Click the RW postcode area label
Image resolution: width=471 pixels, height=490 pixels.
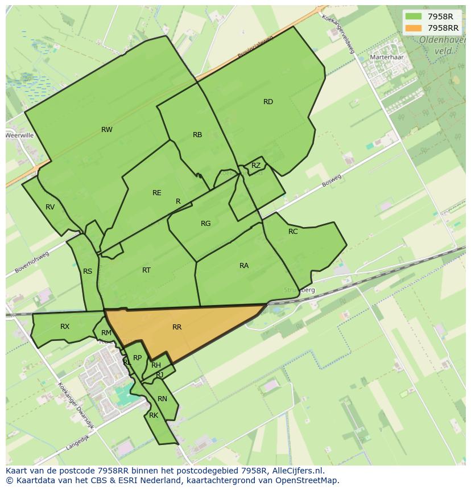pyautogui.click(x=106, y=130)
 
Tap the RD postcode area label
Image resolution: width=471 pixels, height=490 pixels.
pyautogui.click(x=268, y=102)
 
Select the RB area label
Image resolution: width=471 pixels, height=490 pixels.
pyautogui.click(x=197, y=135)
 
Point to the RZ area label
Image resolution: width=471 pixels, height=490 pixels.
pyautogui.click(x=256, y=166)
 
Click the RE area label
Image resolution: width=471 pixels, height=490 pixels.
pyautogui.click(x=157, y=193)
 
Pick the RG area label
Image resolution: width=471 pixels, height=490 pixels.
pyautogui.click(x=206, y=224)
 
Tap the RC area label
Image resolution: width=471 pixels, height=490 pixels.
pyautogui.click(x=293, y=232)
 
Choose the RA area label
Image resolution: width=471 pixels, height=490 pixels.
pyautogui.click(x=244, y=266)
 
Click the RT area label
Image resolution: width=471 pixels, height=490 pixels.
pyautogui.click(x=147, y=270)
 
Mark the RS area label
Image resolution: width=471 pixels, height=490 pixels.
pyautogui.click(x=88, y=271)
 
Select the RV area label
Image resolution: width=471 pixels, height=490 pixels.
pyautogui.click(x=50, y=207)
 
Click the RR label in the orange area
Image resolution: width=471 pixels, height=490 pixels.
pyautogui.click(x=177, y=327)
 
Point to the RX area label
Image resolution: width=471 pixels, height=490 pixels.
pyautogui.click(x=65, y=327)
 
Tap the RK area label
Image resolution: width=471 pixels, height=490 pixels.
pyautogui.click(x=154, y=415)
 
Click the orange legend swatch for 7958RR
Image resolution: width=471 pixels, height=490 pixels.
pyautogui.click(x=414, y=27)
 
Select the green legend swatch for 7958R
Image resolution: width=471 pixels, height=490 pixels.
pyautogui.click(x=414, y=17)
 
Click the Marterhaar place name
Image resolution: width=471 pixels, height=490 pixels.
pyautogui.click(x=386, y=57)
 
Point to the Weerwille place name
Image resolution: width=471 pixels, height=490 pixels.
pyautogui.click(x=20, y=135)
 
